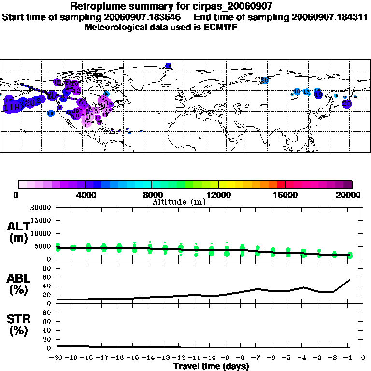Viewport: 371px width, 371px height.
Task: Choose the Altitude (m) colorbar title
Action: point(179,202)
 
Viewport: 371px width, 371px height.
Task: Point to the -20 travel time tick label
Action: point(57,357)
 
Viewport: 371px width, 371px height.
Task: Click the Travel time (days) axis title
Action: point(211,366)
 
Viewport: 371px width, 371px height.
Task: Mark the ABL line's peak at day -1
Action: point(349,279)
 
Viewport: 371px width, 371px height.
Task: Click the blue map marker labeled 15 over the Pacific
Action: point(51,114)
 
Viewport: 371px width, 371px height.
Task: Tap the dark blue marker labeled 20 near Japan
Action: point(346,103)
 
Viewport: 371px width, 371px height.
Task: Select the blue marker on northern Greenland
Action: point(168,65)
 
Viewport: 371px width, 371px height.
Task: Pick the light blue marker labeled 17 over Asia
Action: point(306,92)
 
